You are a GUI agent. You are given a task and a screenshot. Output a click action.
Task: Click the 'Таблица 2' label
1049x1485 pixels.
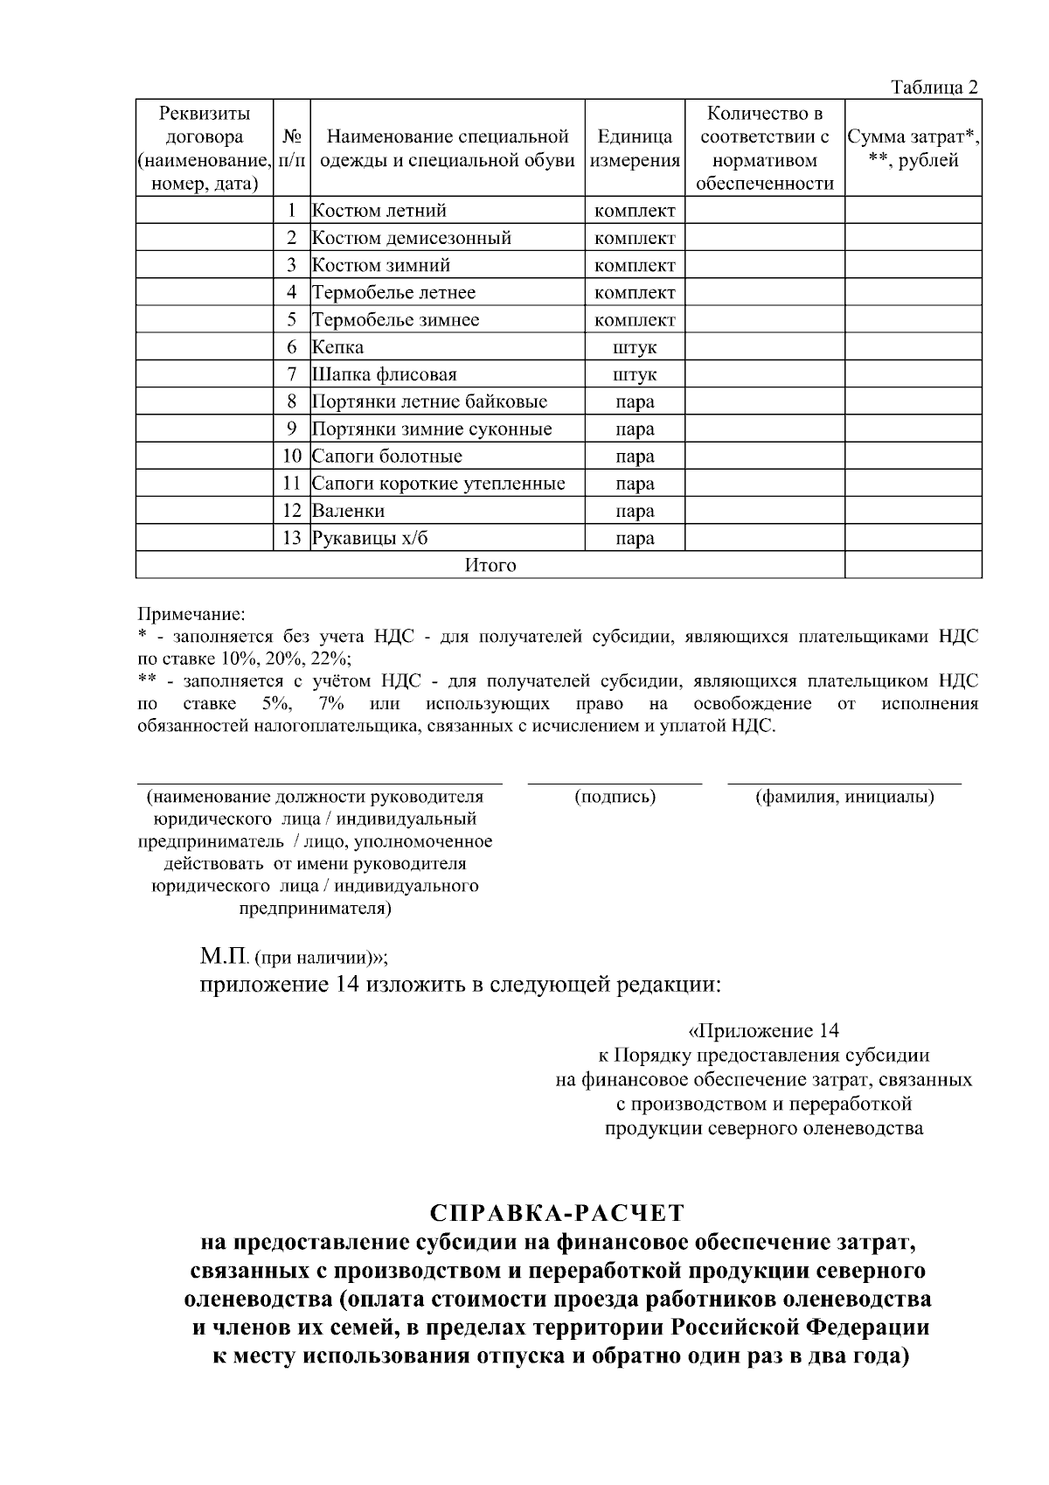coord(934,87)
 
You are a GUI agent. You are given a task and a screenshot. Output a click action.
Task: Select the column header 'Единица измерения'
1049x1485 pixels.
coord(635,149)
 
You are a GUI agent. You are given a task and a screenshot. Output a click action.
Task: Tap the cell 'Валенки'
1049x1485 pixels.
coord(349,511)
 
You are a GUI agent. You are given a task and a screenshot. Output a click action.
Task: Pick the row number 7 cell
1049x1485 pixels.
coord(292,374)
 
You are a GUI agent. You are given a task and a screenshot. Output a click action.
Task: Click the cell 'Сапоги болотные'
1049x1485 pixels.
coord(387,457)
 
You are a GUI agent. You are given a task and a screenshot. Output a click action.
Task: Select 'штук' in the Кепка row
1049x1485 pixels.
coord(635,347)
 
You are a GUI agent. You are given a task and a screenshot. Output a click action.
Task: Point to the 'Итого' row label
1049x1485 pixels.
coord(490,565)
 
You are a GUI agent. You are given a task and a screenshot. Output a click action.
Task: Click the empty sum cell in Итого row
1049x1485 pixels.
coord(913,565)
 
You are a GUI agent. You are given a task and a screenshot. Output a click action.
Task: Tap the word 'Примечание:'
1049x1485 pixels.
coord(191,615)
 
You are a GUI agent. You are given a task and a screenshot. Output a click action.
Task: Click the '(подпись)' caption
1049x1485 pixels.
coord(615,797)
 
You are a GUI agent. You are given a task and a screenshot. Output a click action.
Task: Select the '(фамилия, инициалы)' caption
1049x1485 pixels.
coord(844,797)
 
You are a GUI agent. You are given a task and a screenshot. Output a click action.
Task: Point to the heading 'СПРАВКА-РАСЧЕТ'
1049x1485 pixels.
coord(557,1213)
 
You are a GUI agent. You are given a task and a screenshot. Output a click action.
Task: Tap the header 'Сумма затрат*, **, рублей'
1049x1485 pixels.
coord(913,149)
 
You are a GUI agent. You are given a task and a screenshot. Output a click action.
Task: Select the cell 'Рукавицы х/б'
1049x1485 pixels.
coord(371,538)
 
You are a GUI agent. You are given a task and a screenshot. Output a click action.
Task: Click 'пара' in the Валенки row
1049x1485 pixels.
coord(635,511)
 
